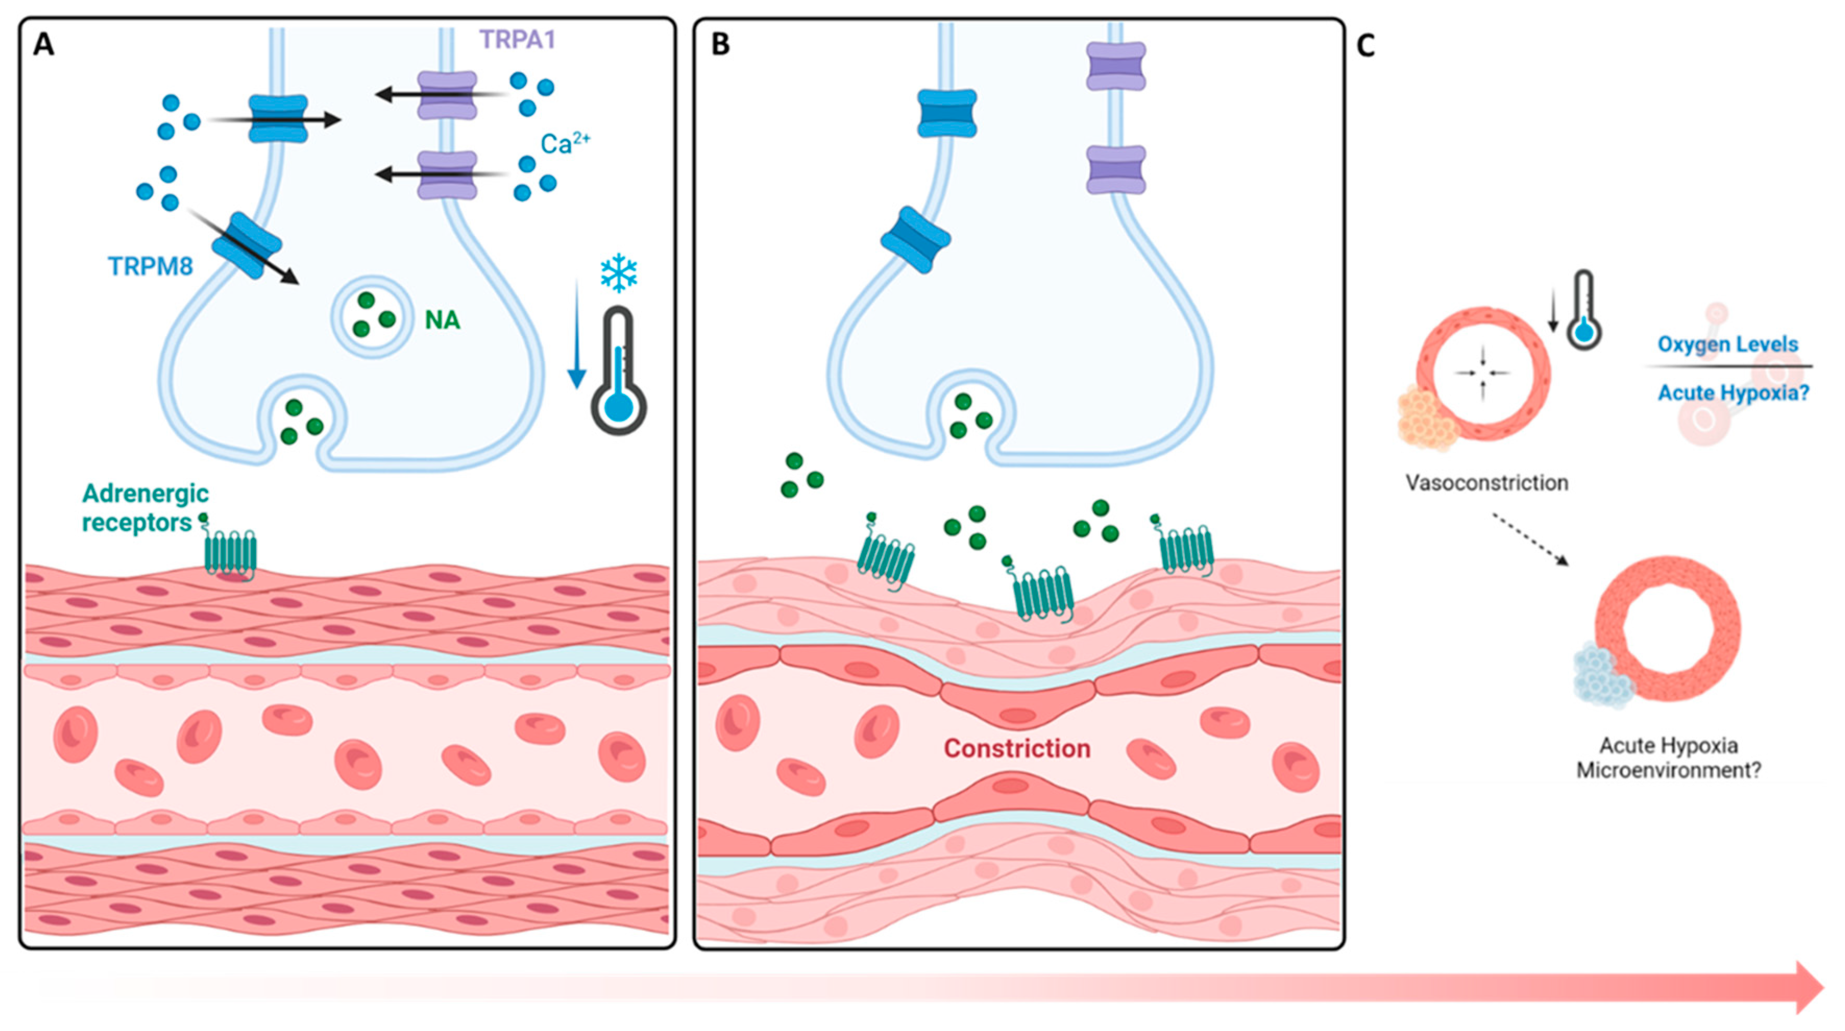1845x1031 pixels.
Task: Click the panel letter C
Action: coord(1365,46)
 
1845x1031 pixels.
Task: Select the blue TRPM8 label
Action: coord(151,266)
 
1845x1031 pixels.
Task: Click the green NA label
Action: coord(442,320)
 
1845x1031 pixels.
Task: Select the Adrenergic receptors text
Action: coord(145,507)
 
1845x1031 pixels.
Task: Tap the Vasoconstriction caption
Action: coord(1486,483)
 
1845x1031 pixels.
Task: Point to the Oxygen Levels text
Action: coord(1728,345)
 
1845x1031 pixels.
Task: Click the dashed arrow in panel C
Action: coord(1530,539)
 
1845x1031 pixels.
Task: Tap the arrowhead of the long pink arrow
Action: coord(1809,987)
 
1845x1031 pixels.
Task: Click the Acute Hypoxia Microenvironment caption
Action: coord(1668,758)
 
